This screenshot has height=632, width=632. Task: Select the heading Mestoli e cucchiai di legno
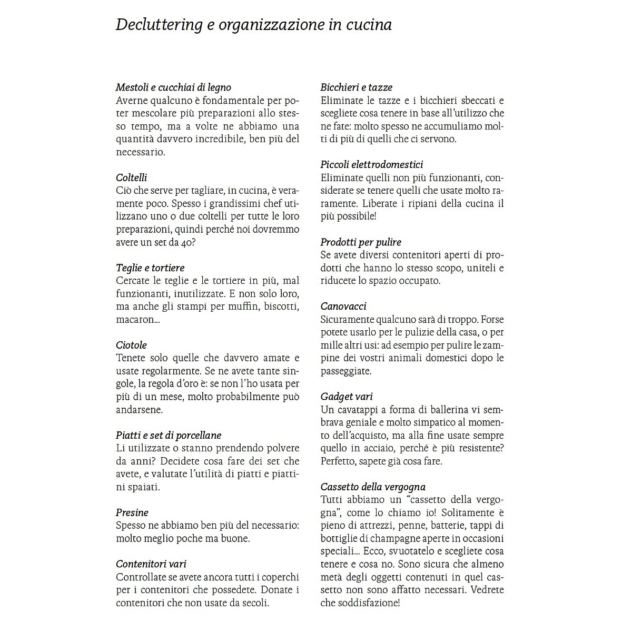point(173,87)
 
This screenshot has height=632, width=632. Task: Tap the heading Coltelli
point(132,177)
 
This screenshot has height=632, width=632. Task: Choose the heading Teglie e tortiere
point(150,268)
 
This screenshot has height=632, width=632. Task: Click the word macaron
point(134,320)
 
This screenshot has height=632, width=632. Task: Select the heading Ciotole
point(131,345)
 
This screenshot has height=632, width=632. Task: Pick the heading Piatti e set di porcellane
point(169,436)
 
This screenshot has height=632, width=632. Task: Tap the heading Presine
point(132,512)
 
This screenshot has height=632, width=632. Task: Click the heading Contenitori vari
point(151,564)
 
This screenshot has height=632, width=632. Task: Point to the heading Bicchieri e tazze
point(357,87)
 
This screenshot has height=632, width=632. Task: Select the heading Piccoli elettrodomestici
point(372,165)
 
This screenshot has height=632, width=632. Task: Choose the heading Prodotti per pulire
point(361,242)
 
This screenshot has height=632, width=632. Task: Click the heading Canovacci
point(343,307)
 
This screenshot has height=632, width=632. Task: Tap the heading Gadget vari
point(347,397)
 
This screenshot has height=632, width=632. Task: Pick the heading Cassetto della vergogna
point(373,487)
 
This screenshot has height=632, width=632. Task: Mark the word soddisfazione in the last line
point(367,603)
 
